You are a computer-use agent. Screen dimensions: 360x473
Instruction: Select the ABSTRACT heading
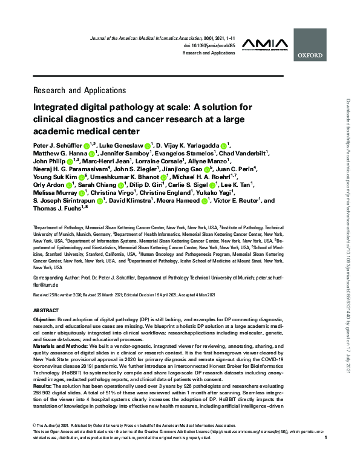click(47, 309)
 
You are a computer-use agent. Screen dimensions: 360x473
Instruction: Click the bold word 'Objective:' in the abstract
click(45, 318)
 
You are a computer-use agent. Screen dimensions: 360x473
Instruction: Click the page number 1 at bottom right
click(326, 454)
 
